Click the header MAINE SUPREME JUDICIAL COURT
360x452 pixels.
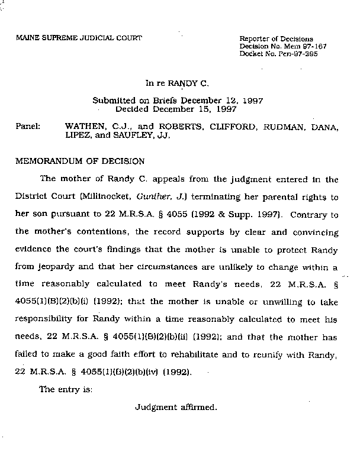(x=79, y=38)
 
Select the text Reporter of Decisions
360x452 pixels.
(x=276, y=39)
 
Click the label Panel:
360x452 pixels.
(x=27, y=127)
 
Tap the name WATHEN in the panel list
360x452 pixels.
(x=84, y=127)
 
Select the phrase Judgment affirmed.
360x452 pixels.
(x=176, y=408)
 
